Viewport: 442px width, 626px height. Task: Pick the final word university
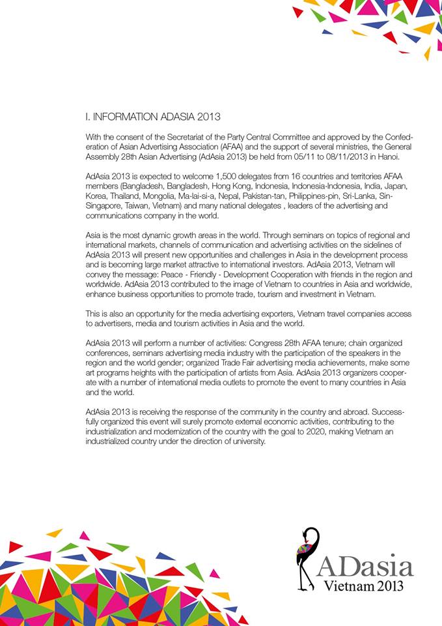(x=247, y=441)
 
